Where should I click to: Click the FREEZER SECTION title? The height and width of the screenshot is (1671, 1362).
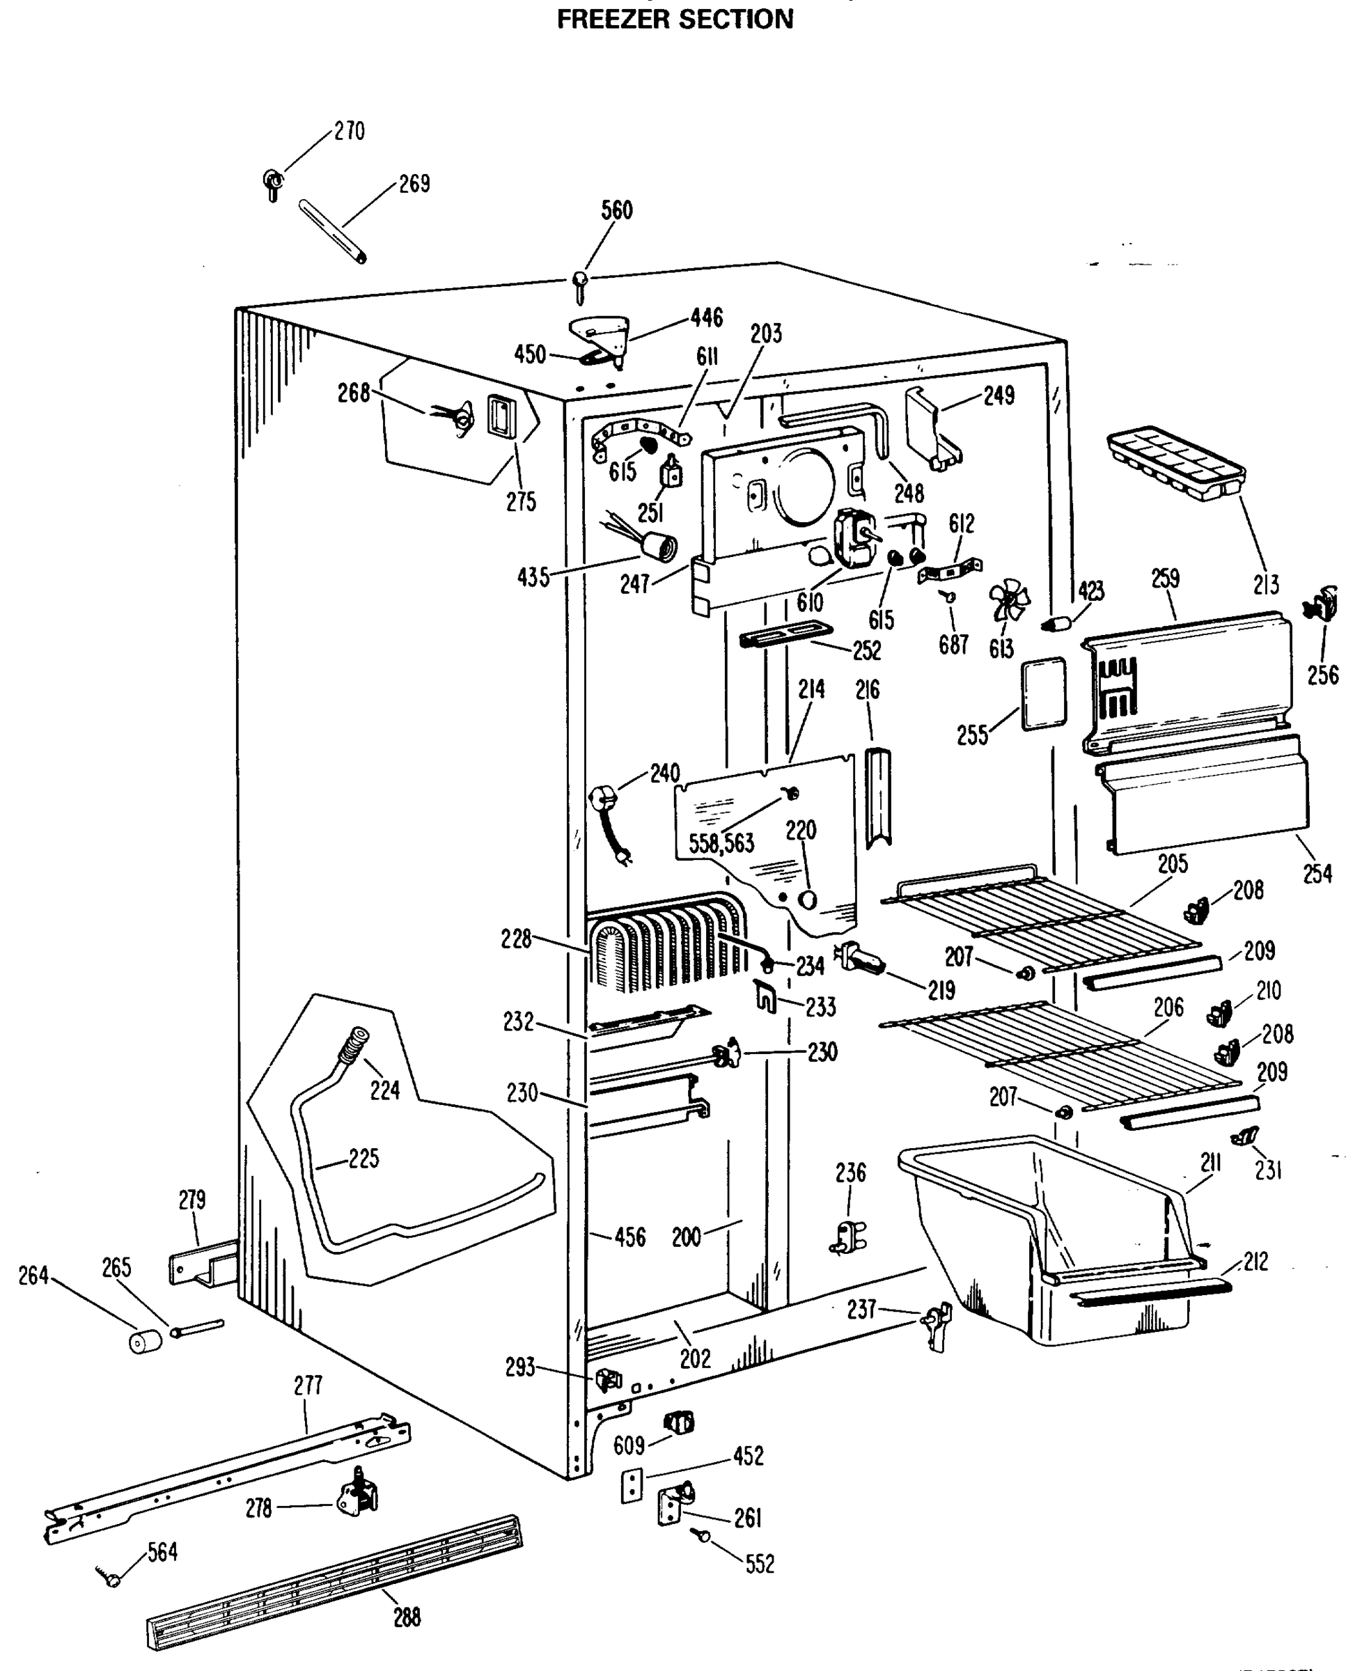675,19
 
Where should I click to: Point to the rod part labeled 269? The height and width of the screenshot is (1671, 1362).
333,230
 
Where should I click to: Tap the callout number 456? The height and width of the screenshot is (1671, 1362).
630,1238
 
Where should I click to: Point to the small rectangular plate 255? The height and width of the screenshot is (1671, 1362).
1044,694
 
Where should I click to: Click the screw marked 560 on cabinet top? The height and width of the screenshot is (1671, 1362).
580,286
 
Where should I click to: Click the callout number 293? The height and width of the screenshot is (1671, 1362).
520,1367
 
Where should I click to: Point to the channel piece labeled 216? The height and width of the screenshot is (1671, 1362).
878,797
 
